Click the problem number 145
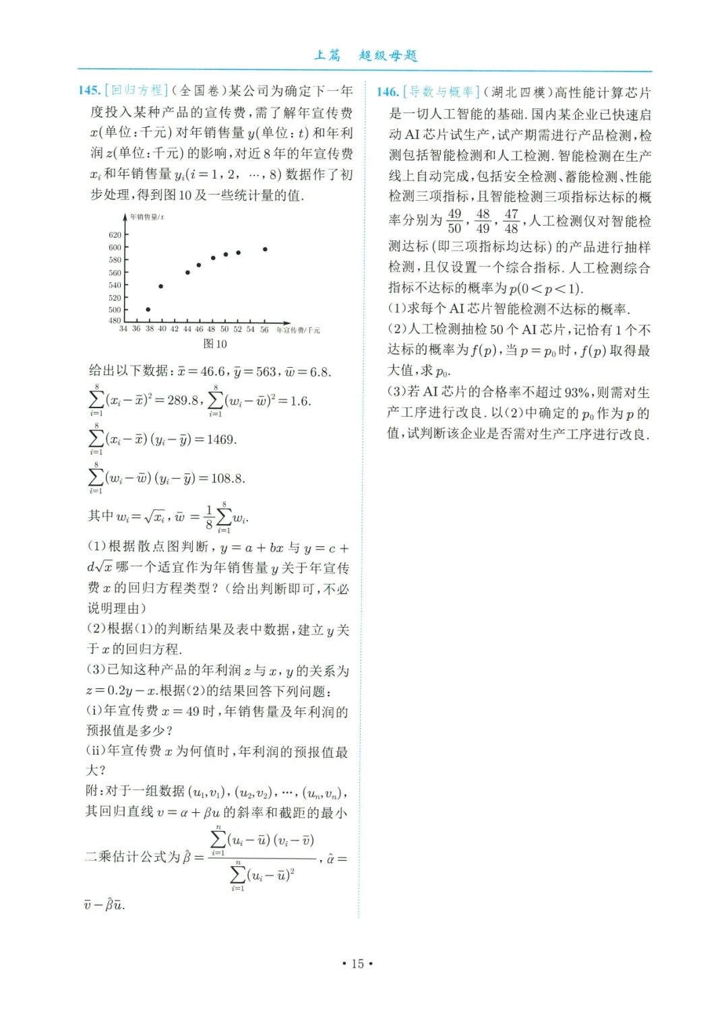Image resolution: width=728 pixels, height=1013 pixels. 90,90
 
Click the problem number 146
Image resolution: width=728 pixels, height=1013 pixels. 388,92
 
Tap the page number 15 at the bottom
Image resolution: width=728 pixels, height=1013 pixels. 357,964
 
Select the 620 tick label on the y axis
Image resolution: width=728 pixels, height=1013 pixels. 115,235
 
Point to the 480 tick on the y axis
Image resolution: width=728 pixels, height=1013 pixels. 115,321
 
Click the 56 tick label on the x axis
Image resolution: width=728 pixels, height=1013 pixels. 264,329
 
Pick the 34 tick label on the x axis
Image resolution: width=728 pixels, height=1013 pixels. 123,329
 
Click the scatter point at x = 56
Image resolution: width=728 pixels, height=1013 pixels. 265,249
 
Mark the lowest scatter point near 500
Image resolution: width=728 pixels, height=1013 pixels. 148,310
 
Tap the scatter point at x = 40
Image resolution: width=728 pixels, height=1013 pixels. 161,286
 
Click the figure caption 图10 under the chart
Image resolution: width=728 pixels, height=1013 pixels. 215,344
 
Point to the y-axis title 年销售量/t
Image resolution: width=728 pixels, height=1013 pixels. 147,218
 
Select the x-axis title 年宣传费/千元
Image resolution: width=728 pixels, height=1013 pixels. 298,330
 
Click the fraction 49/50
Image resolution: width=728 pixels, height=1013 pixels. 455,221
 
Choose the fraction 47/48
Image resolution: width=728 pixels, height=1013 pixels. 512,221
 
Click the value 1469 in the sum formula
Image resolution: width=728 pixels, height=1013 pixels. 220,440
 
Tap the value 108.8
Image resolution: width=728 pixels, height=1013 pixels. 227,479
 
